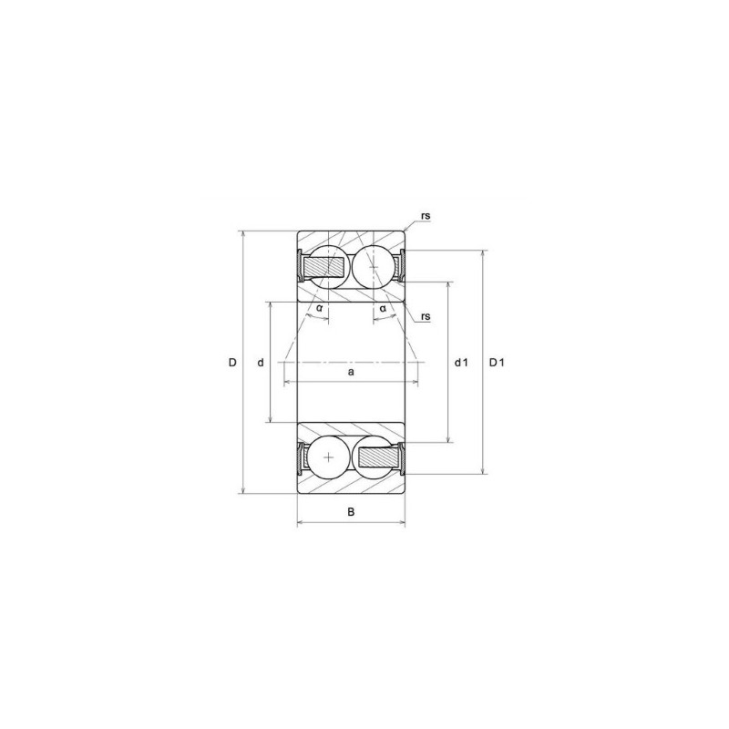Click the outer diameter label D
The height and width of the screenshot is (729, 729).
(x=233, y=363)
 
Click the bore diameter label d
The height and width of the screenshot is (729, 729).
(x=261, y=363)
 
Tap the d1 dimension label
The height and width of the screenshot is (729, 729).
(x=461, y=363)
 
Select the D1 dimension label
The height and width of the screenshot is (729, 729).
(x=497, y=363)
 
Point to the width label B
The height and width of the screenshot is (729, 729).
(x=352, y=511)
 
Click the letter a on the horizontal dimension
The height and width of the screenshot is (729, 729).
(x=351, y=372)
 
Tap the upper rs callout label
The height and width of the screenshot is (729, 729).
(x=426, y=216)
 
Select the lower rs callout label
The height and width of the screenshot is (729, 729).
(x=426, y=316)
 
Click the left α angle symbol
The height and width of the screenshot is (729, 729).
(x=319, y=308)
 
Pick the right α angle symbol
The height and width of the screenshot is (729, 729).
(x=383, y=308)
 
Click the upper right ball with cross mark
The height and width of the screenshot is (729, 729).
(x=373, y=266)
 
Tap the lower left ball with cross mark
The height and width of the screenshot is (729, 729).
(x=329, y=456)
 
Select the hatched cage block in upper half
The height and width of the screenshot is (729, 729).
(x=323, y=267)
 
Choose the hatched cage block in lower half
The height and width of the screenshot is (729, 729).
(x=377, y=456)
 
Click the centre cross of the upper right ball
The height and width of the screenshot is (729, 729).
(x=373, y=266)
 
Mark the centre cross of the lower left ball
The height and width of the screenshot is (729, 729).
(x=329, y=456)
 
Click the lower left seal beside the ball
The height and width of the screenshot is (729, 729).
(x=301, y=456)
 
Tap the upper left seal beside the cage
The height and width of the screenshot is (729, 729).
(x=301, y=266)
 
